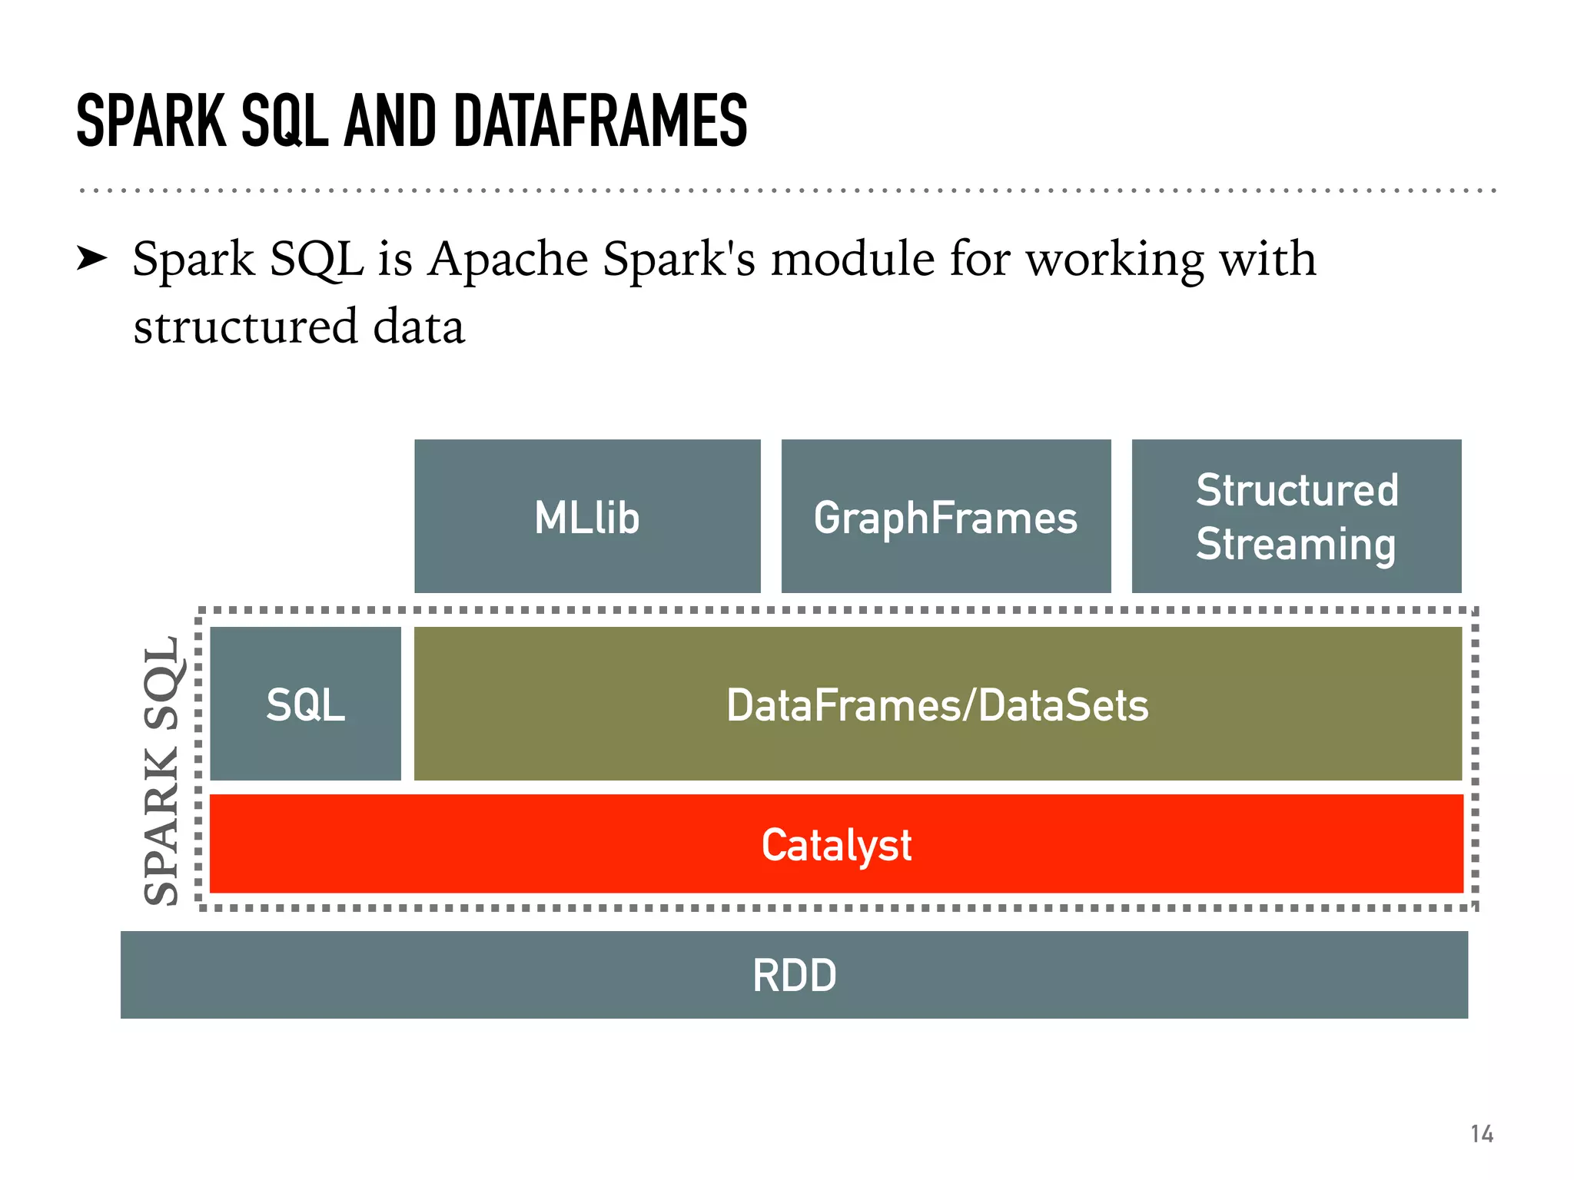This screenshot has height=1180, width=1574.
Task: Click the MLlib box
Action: point(587,516)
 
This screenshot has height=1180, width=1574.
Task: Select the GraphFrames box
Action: point(945,516)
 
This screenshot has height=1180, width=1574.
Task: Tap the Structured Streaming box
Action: point(1297,516)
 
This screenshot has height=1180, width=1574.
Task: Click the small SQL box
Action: point(305,704)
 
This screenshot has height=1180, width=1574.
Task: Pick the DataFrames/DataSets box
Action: point(938,704)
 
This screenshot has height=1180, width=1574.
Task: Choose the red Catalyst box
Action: point(836,844)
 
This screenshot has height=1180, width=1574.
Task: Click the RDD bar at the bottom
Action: point(794,975)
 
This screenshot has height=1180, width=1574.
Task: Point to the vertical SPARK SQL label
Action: point(162,770)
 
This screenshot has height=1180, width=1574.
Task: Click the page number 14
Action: point(1482,1134)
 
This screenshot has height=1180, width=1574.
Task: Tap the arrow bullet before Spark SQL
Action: point(92,260)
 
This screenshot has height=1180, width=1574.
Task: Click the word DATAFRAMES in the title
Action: point(600,121)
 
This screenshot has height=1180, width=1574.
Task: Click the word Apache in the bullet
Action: point(509,260)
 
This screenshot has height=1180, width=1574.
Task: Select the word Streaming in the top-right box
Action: point(1296,544)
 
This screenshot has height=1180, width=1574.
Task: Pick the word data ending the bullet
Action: point(419,326)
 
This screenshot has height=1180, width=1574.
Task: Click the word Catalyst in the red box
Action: point(836,845)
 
